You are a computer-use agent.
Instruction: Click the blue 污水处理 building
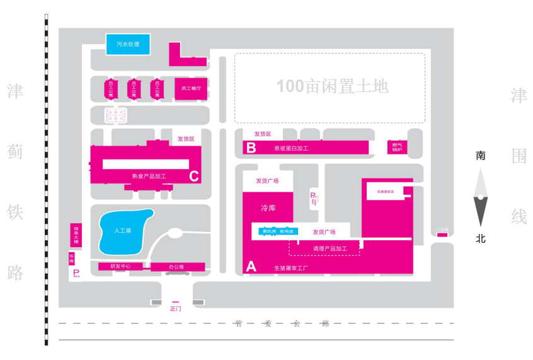tap(128, 44)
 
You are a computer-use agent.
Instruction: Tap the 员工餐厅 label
tap(190, 89)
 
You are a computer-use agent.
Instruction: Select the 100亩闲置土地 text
tap(333, 86)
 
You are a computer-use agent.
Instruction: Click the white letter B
tap(251, 148)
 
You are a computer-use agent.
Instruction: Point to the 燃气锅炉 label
tap(396, 146)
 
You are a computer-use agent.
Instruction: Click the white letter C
tap(194, 176)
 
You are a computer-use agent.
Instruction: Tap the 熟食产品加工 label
tap(149, 176)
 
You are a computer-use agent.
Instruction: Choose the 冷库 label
tap(268, 208)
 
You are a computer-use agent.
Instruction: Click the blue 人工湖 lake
tap(125, 230)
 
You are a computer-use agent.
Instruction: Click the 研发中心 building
tap(120, 266)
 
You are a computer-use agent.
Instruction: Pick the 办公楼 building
tap(177, 267)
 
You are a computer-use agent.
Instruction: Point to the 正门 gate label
tap(176, 309)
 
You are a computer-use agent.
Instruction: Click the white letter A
tap(251, 266)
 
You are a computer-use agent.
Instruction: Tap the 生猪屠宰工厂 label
tap(290, 267)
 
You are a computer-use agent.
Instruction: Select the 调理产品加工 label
tap(330, 249)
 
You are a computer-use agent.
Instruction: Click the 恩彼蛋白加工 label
tap(291, 148)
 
